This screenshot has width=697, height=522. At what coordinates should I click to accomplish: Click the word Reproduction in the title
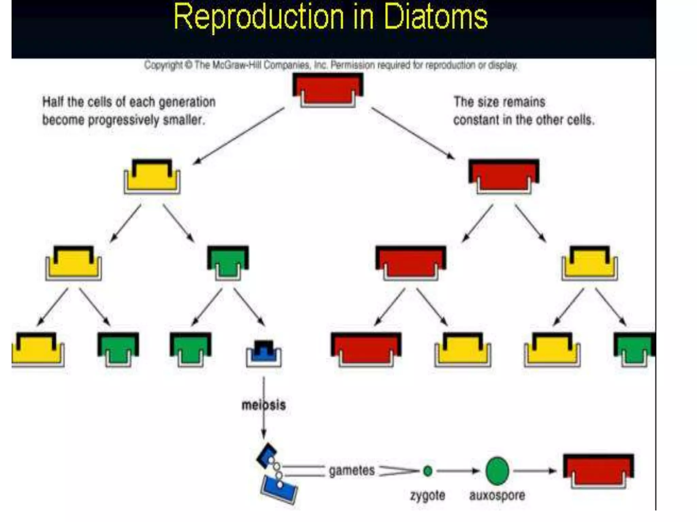tap(259, 17)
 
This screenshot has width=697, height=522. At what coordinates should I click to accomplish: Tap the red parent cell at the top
tap(328, 89)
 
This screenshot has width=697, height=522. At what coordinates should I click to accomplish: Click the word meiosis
tap(263, 405)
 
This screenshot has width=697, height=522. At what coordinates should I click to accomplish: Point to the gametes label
tap(352, 471)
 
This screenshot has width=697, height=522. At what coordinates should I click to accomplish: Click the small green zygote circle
tap(428, 471)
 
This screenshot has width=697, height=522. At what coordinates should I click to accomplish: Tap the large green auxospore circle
tap(497, 471)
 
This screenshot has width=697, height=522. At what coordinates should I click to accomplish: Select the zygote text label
tap(427, 495)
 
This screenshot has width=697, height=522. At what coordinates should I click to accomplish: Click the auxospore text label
tap(497, 495)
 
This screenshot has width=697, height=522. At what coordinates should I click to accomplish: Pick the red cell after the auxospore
tap(598, 471)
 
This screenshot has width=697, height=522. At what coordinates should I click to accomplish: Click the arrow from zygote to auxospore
tap(458, 471)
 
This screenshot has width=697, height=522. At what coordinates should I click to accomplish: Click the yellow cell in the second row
tap(152, 176)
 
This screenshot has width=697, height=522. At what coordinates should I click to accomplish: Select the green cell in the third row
tap(228, 262)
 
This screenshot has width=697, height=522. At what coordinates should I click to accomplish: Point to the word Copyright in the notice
tap(163, 65)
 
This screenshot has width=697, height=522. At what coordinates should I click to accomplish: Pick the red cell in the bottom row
tap(366, 349)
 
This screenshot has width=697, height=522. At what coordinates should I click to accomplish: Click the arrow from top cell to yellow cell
tap(238, 136)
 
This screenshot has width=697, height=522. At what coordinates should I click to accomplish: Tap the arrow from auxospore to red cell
tap(534, 471)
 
